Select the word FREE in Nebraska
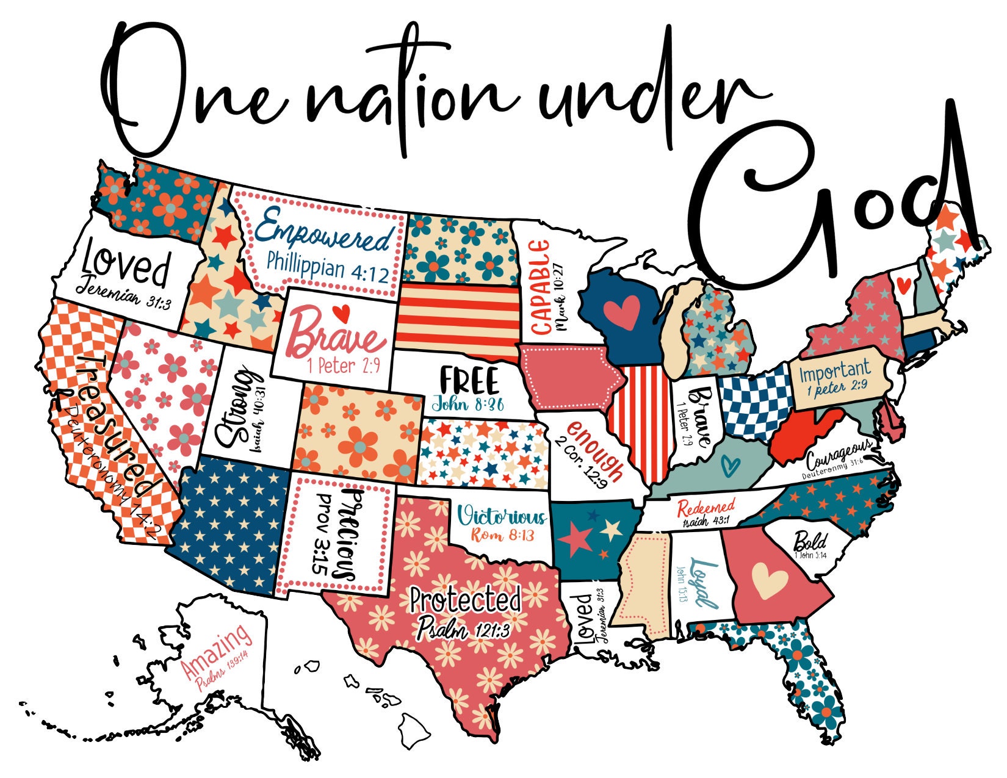coord(469,381)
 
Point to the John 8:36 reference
coord(467,404)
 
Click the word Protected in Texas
coord(465,600)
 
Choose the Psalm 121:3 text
coord(463,627)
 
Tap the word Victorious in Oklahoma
coord(502,517)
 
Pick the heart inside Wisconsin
coord(621,312)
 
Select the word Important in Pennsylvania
coord(835,370)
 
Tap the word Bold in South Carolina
coord(810,541)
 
